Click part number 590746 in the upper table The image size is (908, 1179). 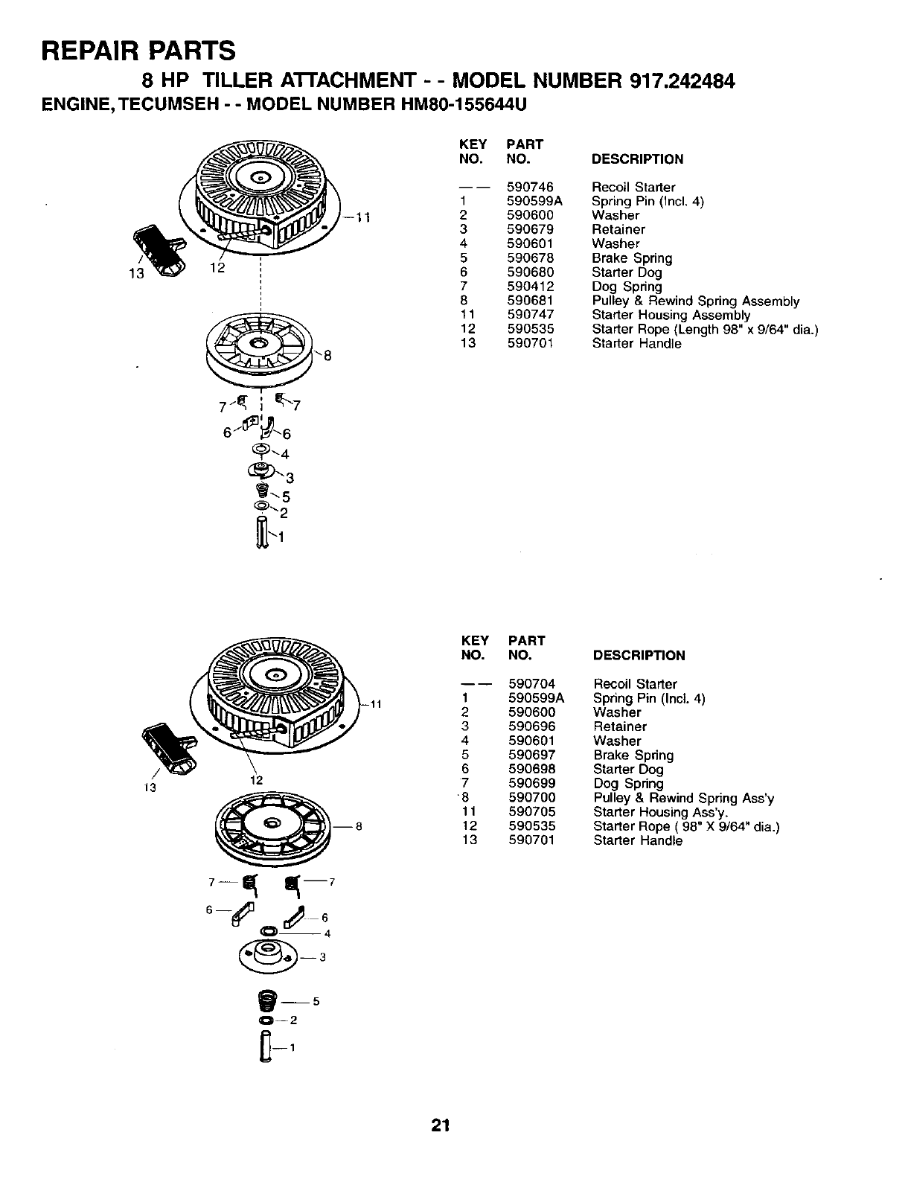tap(530, 187)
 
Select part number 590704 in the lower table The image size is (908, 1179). tap(531, 684)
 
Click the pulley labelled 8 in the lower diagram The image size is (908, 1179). tap(271, 823)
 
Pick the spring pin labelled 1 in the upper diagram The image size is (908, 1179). tap(261, 534)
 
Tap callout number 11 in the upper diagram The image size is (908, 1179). tap(362, 217)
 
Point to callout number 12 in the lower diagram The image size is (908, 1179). tap(257, 780)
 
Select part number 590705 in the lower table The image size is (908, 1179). tap(531, 811)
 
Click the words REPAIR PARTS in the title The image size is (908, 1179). tap(139, 50)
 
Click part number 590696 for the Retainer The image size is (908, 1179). tap(531, 726)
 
